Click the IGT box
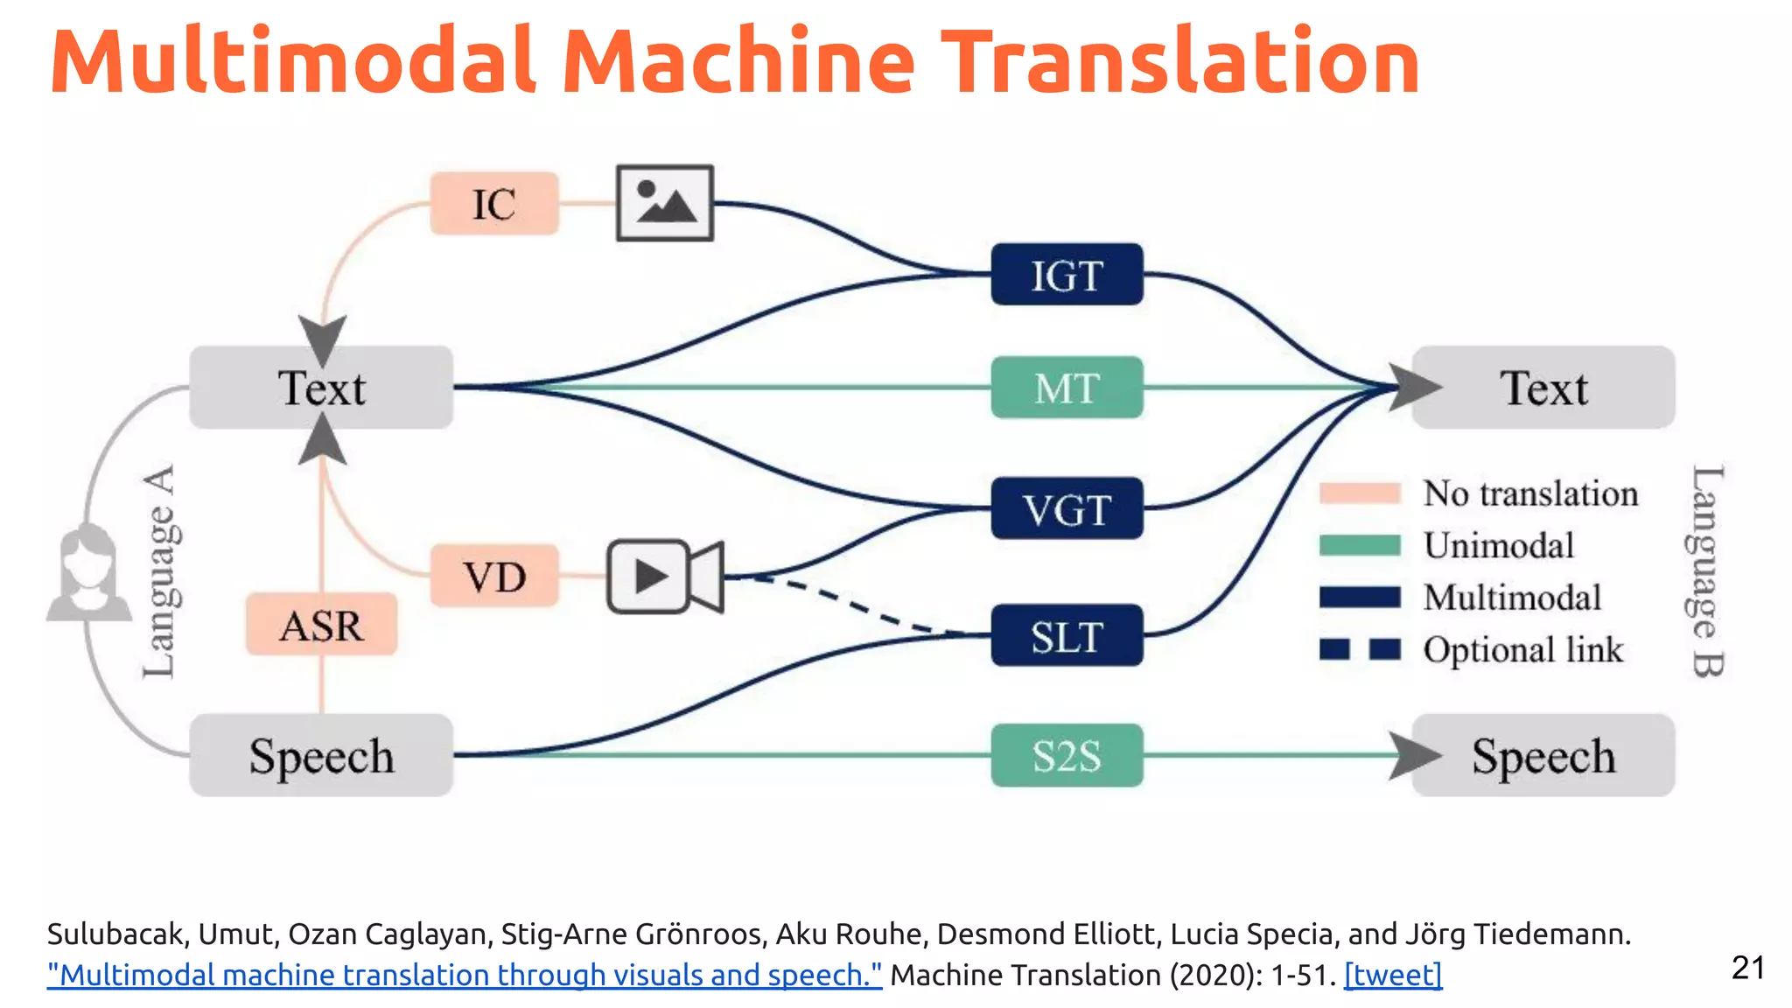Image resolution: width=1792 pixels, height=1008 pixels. pos(1066,275)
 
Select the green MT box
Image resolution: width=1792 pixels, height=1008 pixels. pos(1066,388)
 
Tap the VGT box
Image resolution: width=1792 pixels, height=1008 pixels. pos(1066,508)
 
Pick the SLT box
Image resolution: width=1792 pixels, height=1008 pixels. pos(1066,635)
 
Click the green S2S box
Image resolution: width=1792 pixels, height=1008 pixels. pos(1066,755)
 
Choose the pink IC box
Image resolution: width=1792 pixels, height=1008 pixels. pos(493,204)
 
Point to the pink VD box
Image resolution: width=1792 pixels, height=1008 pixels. pos(493,576)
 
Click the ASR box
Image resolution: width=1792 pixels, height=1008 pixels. pos(321,625)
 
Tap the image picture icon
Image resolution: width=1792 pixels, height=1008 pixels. pos(665,203)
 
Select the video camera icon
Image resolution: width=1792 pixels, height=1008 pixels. pos(665,577)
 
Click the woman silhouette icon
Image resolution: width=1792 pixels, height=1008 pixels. pos(88,573)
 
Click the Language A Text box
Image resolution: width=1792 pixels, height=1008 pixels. pos(321,388)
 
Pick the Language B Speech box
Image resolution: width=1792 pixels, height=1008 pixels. pos(1543,755)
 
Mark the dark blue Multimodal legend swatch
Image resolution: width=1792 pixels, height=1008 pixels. pos(1360,598)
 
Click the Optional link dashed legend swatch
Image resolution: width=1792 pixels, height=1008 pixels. pos(1360,649)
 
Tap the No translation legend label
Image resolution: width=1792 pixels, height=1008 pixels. pos(1530,493)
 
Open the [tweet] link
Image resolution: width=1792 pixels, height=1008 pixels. pos(1393,975)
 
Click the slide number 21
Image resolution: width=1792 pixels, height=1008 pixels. pos(1747,968)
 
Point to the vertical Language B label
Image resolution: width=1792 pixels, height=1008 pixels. pos(1705,570)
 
